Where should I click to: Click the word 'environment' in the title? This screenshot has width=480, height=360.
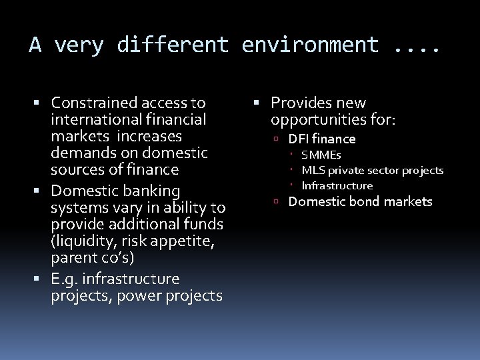311,45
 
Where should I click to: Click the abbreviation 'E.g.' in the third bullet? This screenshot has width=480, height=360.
65,277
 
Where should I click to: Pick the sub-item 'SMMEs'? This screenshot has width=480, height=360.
321,155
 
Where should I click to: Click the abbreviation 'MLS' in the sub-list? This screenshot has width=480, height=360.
313,170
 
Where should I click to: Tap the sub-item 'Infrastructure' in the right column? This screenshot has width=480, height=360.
337,185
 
